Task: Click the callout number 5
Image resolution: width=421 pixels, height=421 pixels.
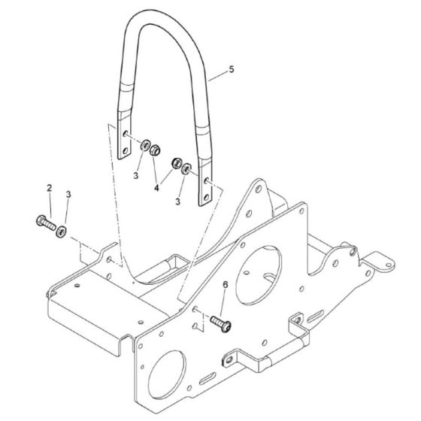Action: (x=232, y=70)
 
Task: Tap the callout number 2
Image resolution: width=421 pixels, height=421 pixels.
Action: (x=50, y=186)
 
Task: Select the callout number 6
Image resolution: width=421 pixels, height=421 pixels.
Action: (x=225, y=283)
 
